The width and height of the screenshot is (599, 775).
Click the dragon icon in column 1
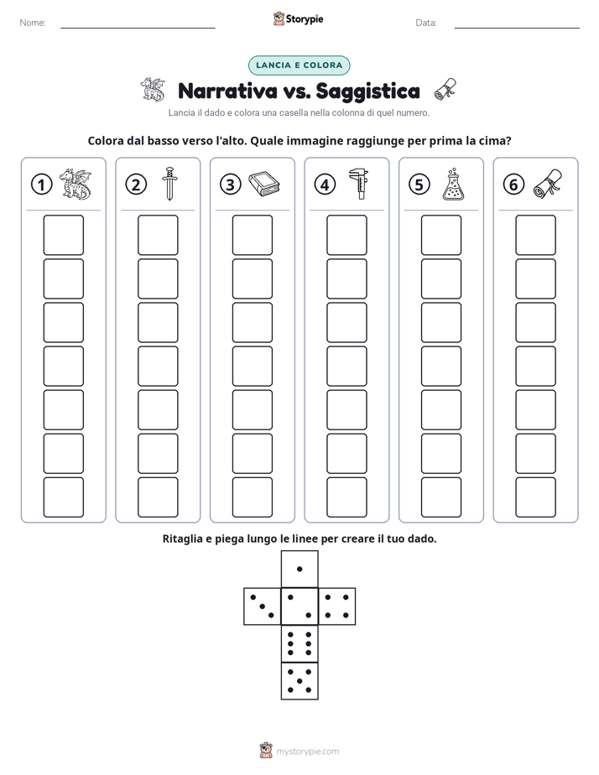pyautogui.click(x=76, y=185)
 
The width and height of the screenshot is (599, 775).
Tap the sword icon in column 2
pyautogui.click(x=169, y=184)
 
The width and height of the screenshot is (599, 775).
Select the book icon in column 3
pyautogui.click(x=264, y=185)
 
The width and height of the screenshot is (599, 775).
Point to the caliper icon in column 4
pyautogui.click(x=359, y=184)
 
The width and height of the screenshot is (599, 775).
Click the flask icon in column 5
pyautogui.click(x=453, y=185)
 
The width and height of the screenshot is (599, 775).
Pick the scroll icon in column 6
pyautogui.click(x=548, y=184)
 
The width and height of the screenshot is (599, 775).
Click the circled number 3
pyautogui.click(x=231, y=185)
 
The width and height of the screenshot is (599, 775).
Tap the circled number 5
pyautogui.click(x=419, y=185)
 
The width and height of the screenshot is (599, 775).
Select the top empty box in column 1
pyautogui.click(x=64, y=235)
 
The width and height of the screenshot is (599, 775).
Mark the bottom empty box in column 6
pyautogui.click(x=536, y=497)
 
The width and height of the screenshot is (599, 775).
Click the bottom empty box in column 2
pyautogui.click(x=159, y=497)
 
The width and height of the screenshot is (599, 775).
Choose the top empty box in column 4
pyautogui.click(x=347, y=235)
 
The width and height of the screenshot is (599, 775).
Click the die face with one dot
pyautogui.click(x=299, y=569)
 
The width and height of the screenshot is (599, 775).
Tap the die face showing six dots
pyautogui.click(x=299, y=643)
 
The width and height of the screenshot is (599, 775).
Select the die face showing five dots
pyautogui.click(x=299, y=681)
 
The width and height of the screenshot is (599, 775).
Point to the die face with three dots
pyautogui.click(x=263, y=606)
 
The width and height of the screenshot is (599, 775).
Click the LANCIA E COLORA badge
pyautogui.click(x=299, y=65)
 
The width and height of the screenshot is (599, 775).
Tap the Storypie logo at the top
pyautogui.click(x=299, y=18)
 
